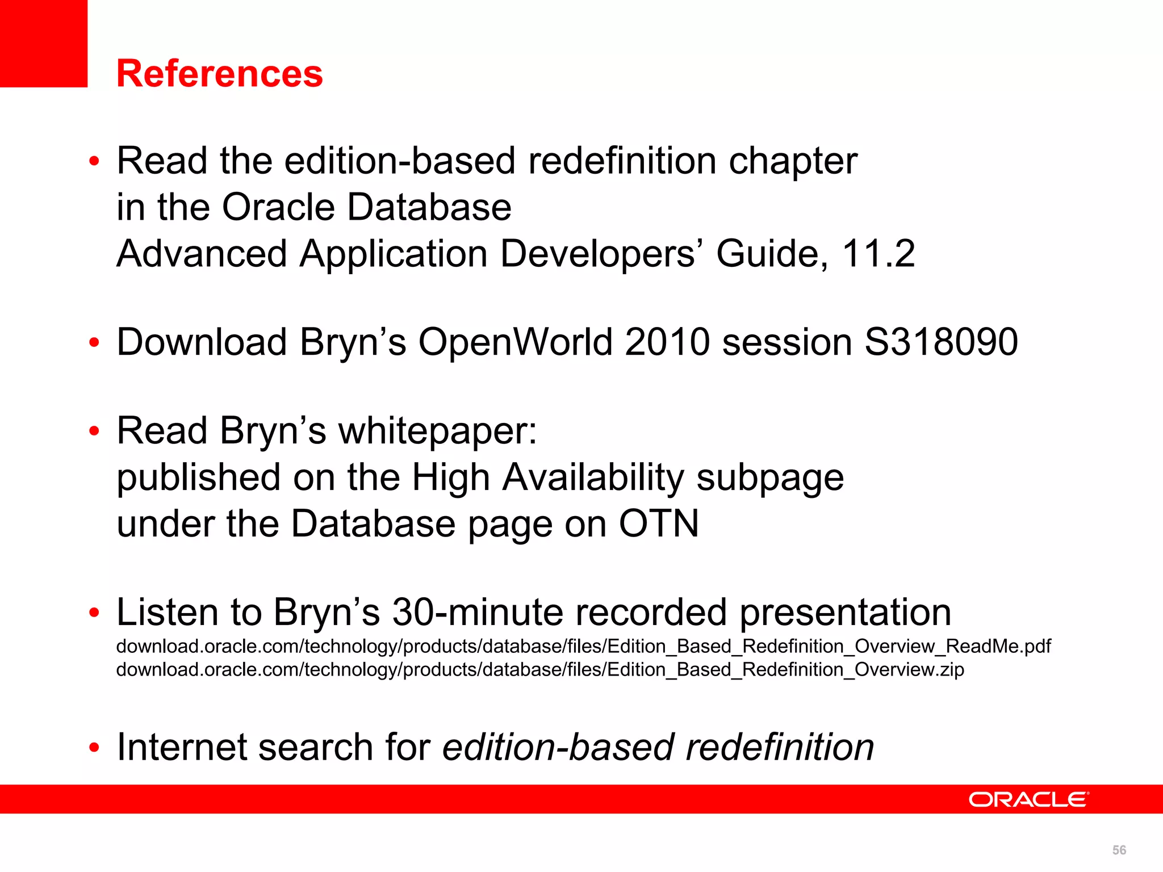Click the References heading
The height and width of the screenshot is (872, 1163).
[x=219, y=74]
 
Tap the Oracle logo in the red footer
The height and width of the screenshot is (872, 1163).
[x=1028, y=799]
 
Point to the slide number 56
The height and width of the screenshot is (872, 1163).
[x=1119, y=850]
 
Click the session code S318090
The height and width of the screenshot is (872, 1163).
[x=941, y=342]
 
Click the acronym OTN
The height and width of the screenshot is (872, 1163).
[x=659, y=523]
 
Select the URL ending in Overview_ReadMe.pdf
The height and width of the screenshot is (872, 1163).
[x=583, y=646]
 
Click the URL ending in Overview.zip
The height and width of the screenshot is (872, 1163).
[x=539, y=670]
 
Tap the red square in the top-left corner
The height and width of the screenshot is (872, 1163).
[x=43, y=43]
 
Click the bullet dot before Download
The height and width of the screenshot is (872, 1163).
[x=94, y=343]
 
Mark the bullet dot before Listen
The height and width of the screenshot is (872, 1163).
[x=94, y=613]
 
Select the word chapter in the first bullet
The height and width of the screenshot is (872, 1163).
[x=793, y=161]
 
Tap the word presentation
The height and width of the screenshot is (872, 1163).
[x=845, y=612]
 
